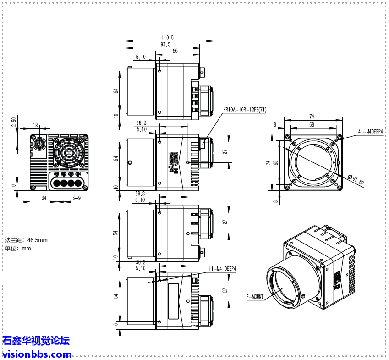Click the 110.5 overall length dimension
point(167,38)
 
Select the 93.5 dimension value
point(165,44)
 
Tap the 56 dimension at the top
point(175,51)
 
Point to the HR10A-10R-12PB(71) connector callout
point(245,110)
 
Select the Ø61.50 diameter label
point(356,180)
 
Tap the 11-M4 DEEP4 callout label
point(222,269)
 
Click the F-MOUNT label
point(255,297)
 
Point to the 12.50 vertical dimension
point(14,123)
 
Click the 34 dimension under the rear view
point(44,198)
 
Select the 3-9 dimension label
point(77,198)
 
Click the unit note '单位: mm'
point(18,249)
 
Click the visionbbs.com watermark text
point(37,354)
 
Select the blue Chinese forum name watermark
point(36,341)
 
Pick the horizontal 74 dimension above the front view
point(312,116)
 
